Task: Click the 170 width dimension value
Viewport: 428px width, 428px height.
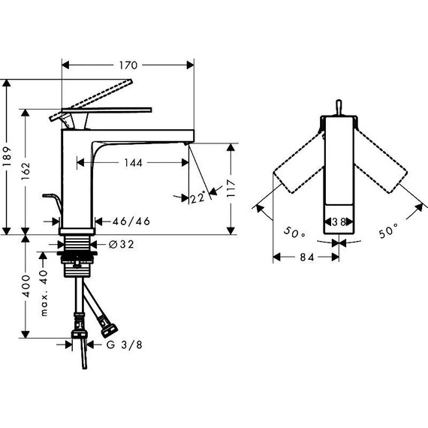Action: pos(128,65)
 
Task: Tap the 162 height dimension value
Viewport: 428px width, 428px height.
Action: pos(26,171)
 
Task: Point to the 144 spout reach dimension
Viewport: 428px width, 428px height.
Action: pos(134,163)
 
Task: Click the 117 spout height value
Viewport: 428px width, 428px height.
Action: pos(231,188)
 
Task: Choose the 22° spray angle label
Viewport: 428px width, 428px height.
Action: pos(198,197)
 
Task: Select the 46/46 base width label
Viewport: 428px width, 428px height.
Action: pos(131,221)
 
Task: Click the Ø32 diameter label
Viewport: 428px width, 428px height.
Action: pos(121,244)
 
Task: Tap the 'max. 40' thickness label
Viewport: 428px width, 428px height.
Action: pos(44,293)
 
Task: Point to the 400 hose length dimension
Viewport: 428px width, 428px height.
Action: pos(26,286)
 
